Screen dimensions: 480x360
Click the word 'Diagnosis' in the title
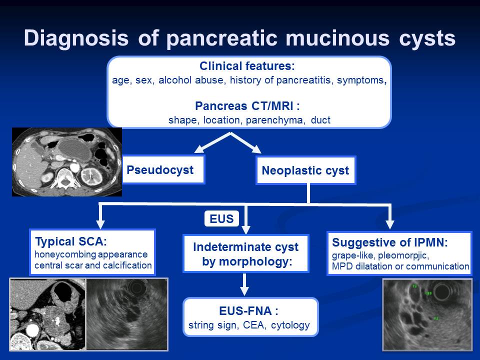pyautogui.click(x=76, y=38)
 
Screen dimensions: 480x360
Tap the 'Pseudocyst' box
pyautogui.click(x=163, y=170)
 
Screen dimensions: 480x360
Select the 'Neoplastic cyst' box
pyautogui.click(x=305, y=170)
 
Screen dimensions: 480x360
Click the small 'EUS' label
pyautogui.click(x=221, y=218)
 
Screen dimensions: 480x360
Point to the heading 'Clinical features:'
pyautogui.click(x=247, y=66)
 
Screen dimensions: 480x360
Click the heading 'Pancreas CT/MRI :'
pyautogui.click(x=247, y=106)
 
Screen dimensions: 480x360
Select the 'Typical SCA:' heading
pyautogui.click(x=71, y=241)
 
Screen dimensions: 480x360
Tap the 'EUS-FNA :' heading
pyautogui.click(x=248, y=310)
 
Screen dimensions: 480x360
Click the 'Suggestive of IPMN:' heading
pyautogui.click(x=390, y=242)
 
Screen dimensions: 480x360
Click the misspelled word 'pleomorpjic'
pyautogui.click(x=403, y=255)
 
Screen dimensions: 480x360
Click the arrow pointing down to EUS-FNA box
pyautogui.click(x=244, y=284)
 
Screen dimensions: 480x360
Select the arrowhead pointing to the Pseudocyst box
pyautogui.click(x=199, y=149)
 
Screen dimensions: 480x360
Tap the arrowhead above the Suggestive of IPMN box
pyautogui.click(x=389, y=224)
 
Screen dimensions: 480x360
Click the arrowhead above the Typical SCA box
pyautogui.click(x=100, y=224)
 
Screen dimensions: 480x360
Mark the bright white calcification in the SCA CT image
pyautogui.click(x=57, y=321)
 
